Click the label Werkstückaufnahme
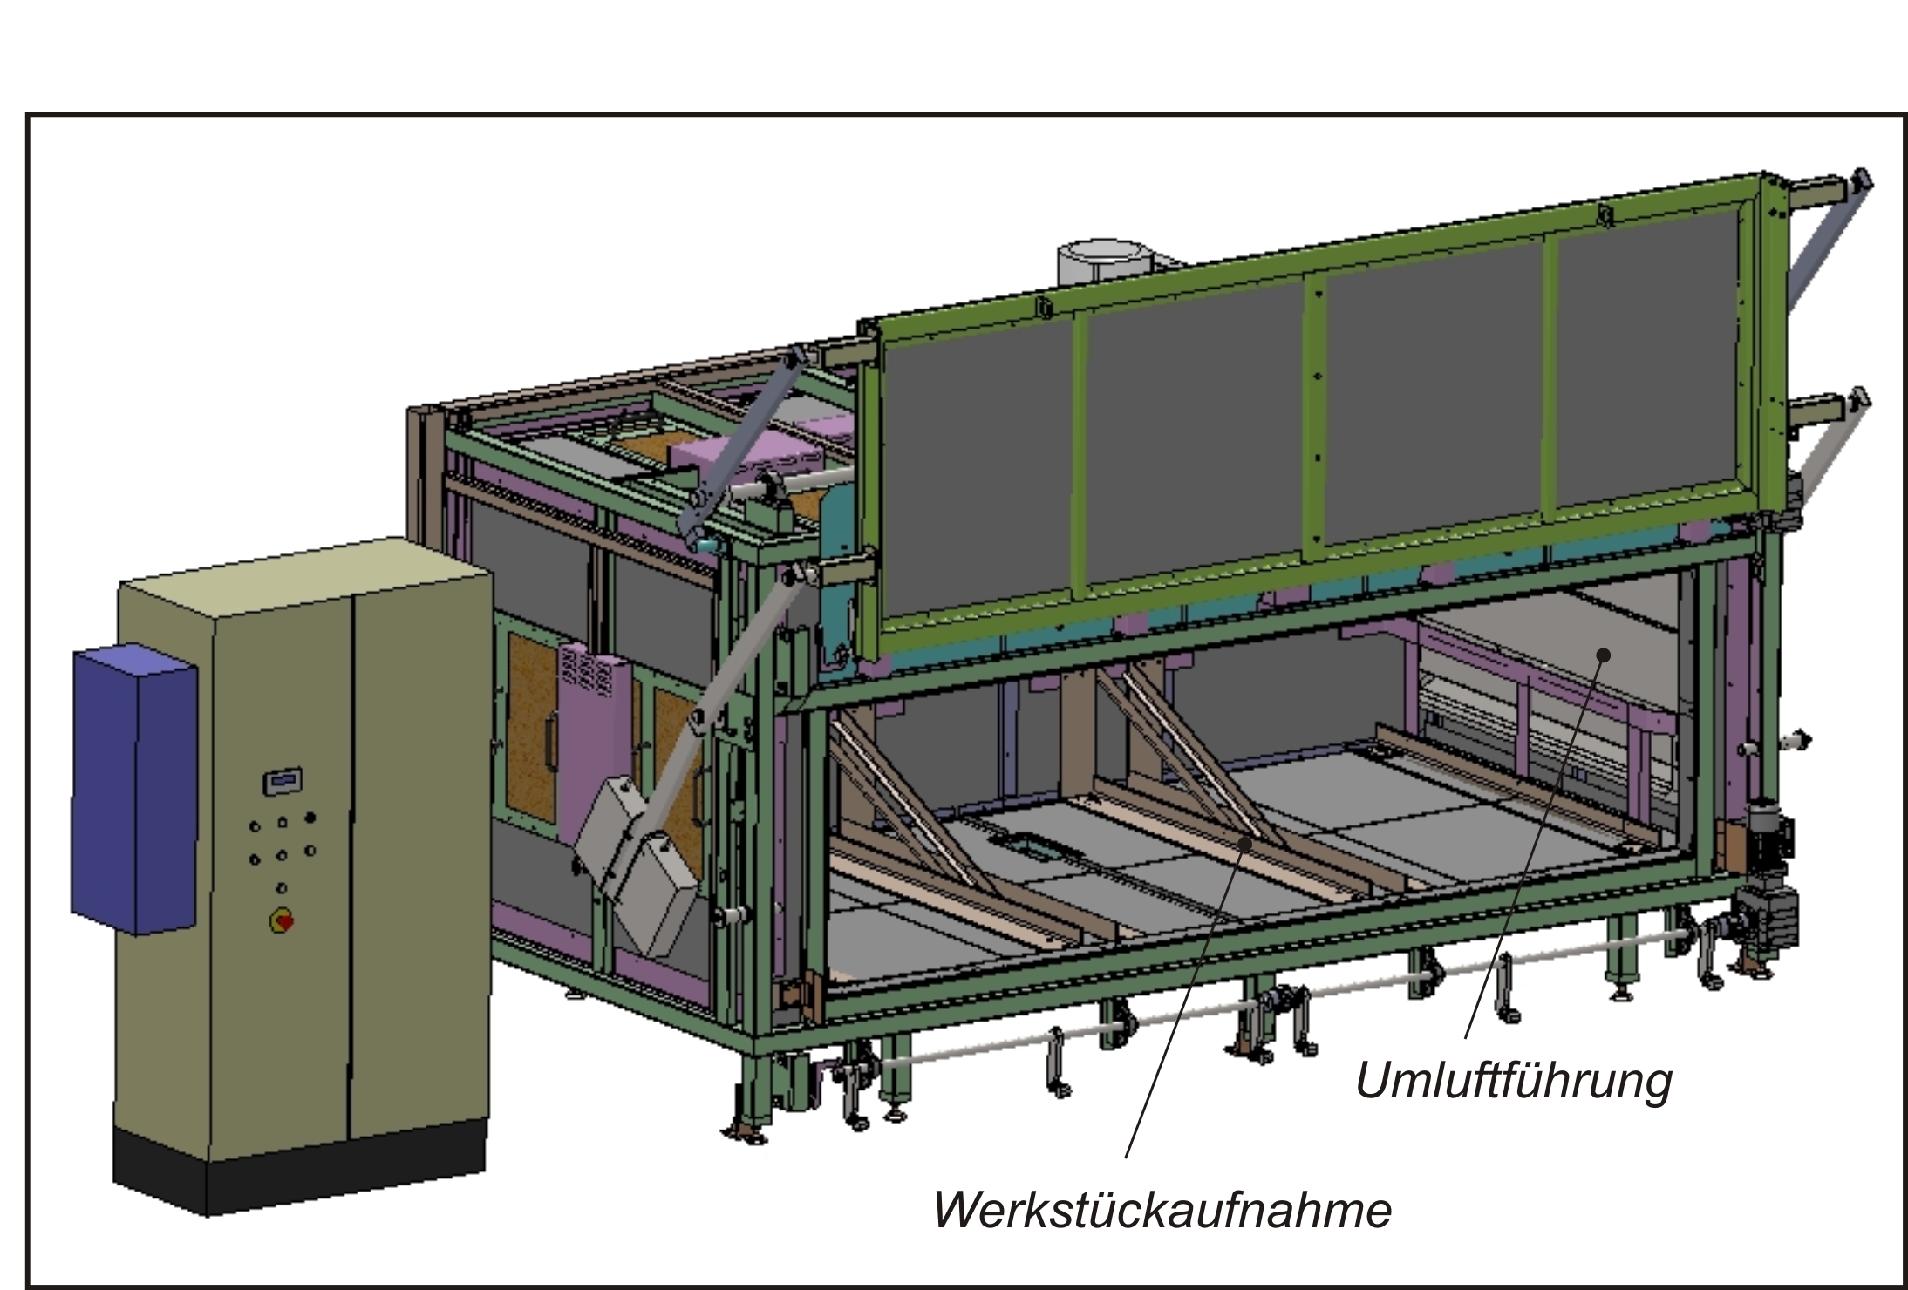pyautogui.click(x=1162, y=1210)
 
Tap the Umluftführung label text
pyautogui.click(x=1514, y=1081)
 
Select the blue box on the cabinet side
pyautogui.click(x=134, y=789)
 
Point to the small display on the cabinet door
pyautogui.click(x=283, y=780)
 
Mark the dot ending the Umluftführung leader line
pyautogui.click(x=1603, y=655)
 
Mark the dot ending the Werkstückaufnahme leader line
pyautogui.click(x=1247, y=843)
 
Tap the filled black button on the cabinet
pyautogui.click(x=310, y=818)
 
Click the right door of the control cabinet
pyautogui.click(x=419, y=837)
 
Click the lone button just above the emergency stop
pyautogui.click(x=282, y=888)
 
